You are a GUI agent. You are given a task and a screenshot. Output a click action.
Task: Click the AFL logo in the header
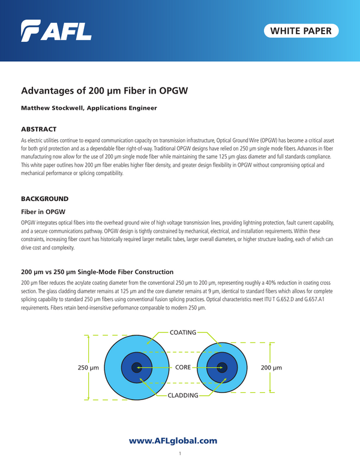[56, 30]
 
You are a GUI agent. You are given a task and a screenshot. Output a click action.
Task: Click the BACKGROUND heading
[45, 198]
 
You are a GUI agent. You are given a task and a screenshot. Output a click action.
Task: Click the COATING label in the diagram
[182, 332]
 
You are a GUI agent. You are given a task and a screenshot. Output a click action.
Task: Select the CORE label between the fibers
[182, 367]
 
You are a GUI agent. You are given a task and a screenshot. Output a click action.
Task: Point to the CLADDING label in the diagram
[182, 395]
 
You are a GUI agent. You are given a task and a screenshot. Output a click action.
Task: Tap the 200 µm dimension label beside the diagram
[272, 367]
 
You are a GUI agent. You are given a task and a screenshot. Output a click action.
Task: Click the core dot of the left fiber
[137, 368]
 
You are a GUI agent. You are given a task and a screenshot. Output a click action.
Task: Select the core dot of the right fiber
[221, 368]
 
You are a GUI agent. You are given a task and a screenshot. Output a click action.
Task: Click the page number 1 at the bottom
[180, 454]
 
